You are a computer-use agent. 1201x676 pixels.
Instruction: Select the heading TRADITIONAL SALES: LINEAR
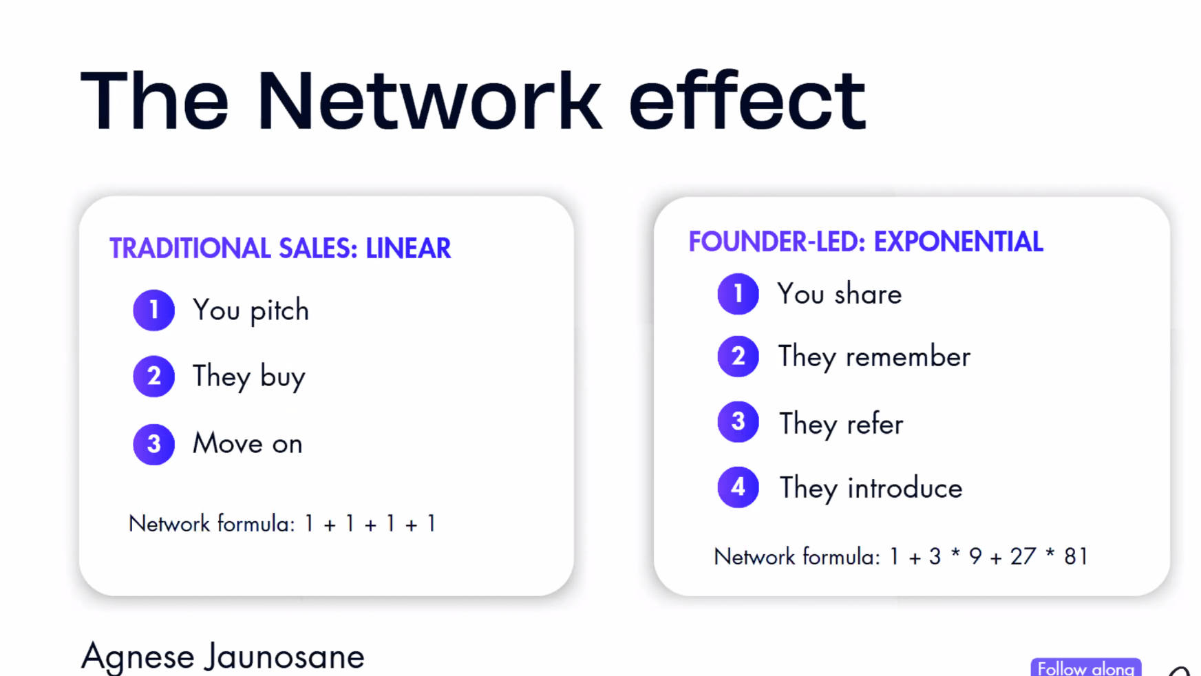click(280, 249)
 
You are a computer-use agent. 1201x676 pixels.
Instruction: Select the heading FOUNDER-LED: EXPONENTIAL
click(866, 242)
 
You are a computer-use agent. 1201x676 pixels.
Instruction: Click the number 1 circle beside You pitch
click(153, 310)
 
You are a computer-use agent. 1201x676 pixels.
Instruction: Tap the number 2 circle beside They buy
click(153, 377)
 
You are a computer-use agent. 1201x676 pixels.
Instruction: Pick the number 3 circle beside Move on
click(153, 444)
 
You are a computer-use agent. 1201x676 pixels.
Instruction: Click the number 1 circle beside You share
click(738, 294)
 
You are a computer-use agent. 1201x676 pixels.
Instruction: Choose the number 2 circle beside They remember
click(738, 357)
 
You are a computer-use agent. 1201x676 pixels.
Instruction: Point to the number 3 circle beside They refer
click(738, 422)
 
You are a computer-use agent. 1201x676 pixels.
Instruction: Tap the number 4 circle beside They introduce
click(738, 487)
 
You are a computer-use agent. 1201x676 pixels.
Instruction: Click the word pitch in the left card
click(279, 311)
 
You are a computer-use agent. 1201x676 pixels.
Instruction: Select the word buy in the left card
click(283, 378)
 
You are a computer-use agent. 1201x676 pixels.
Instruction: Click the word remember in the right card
click(908, 357)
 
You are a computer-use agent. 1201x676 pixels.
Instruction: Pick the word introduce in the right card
click(905, 488)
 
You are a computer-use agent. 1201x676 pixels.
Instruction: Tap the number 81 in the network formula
click(1076, 556)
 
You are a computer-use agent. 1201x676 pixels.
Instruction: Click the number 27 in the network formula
click(1023, 556)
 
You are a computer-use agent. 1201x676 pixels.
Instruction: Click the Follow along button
click(1086, 668)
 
